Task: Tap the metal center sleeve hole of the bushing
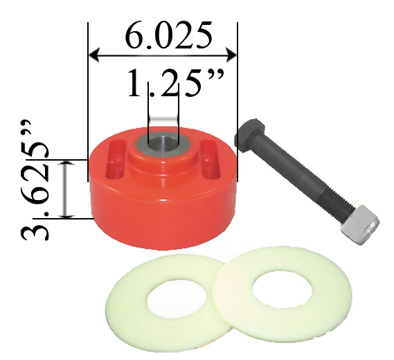(162, 141)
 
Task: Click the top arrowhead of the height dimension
(66, 165)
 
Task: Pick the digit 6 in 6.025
(136, 36)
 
